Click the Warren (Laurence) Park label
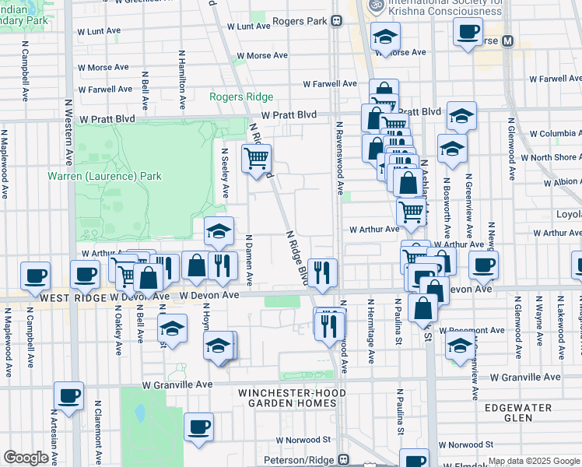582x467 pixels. click(x=104, y=176)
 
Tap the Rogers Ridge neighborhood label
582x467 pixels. click(x=241, y=97)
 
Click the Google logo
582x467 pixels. click(x=26, y=458)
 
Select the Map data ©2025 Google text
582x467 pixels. click(x=535, y=461)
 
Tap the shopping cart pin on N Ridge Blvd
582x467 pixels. click(x=256, y=160)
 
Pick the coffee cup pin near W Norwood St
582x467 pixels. click(x=199, y=426)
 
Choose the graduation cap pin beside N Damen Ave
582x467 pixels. click(x=219, y=230)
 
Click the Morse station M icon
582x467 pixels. click(x=507, y=40)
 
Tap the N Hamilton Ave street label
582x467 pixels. click(x=181, y=75)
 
